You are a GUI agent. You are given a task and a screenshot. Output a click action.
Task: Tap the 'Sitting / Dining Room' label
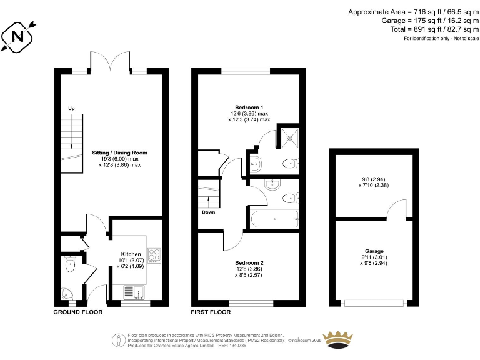(120, 152)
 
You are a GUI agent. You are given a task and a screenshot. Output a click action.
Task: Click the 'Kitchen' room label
(131, 254)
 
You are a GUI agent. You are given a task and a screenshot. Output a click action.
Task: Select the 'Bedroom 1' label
(249, 107)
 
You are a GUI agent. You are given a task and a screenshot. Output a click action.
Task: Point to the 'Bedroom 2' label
(249, 262)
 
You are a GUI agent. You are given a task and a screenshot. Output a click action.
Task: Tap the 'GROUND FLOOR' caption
(77, 311)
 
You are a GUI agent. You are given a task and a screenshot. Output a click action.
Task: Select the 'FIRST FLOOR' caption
(213, 311)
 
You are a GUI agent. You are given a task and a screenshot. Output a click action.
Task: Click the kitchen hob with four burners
(154, 256)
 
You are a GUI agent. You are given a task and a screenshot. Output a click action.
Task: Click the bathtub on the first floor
(274, 219)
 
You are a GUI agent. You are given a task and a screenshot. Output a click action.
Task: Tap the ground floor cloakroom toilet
(69, 265)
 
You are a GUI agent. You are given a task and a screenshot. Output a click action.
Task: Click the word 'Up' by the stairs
(71, 109)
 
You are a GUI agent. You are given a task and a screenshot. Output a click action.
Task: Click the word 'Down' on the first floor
(209, 212)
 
